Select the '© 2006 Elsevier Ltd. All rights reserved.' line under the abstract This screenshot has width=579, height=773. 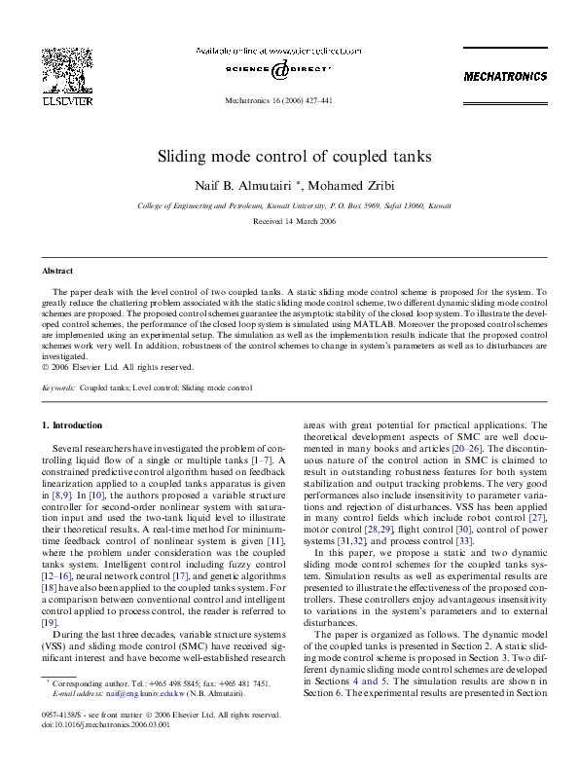(118, 367)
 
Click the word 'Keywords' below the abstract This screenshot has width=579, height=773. (58, 387)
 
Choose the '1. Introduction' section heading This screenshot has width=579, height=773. (73, 425)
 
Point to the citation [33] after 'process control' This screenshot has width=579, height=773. (464, 540)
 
